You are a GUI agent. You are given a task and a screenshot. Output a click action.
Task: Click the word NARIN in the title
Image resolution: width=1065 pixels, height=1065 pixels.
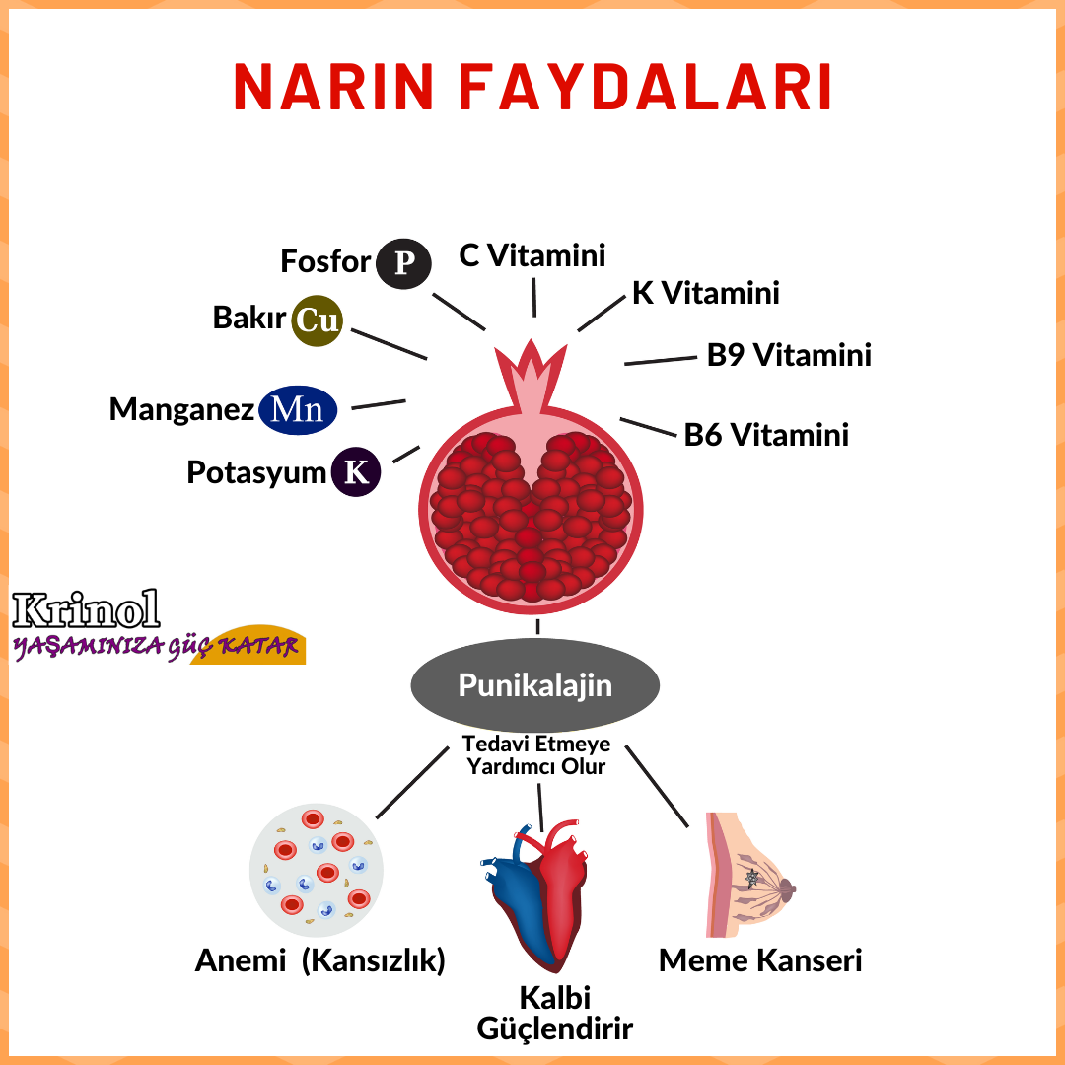[x=335, y=87]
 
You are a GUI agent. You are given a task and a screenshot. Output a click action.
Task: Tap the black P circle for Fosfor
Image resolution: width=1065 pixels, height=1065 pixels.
[x=404, y=263]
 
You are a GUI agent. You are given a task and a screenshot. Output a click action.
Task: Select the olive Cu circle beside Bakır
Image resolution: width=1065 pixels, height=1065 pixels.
[x=318, y=320]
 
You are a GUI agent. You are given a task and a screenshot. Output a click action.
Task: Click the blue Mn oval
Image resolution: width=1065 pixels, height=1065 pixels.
[x=298, y=410]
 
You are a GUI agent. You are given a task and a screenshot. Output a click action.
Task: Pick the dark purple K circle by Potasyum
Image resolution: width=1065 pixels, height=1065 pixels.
[x=356, y=471]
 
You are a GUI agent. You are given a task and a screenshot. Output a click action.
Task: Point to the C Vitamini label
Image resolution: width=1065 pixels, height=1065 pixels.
[x=532, y=255]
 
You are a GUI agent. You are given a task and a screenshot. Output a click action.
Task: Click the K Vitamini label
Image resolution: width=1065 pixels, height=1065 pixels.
[x=705, y=292]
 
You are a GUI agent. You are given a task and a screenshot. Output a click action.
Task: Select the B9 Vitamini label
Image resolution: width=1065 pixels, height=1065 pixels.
[x=789, y=355]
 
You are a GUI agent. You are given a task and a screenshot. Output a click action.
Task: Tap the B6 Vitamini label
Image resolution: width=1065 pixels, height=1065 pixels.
[x=766, y=435]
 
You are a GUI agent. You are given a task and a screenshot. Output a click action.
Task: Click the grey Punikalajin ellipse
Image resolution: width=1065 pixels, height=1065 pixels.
[x=534, y=686]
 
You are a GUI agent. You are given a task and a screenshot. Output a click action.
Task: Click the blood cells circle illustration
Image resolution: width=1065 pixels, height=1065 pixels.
[x=316, y=869]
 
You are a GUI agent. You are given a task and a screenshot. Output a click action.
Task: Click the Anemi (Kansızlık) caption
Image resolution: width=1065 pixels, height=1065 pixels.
[x=320, y=960]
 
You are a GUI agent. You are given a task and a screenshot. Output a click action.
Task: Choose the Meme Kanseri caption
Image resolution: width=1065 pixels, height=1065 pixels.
[x=760, y=960]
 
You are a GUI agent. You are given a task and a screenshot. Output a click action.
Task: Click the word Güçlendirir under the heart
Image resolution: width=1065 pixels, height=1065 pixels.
[x=554, y=1029]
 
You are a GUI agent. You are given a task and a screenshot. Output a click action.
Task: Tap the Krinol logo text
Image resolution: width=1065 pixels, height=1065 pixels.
[x=87, y=610]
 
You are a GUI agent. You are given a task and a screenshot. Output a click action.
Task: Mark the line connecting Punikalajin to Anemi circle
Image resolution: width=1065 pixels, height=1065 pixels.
[x=412, y=782]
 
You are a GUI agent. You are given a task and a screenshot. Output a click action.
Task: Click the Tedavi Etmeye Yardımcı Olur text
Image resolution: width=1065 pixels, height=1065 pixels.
[x=535, y=754]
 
